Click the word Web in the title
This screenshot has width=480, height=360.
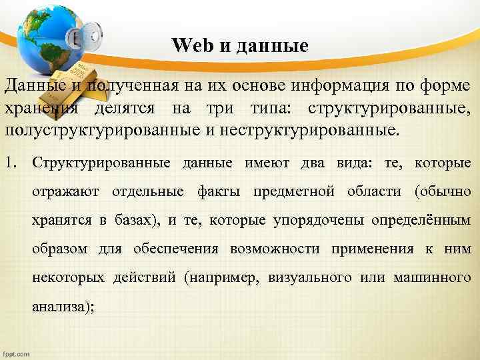click(190, 46)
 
